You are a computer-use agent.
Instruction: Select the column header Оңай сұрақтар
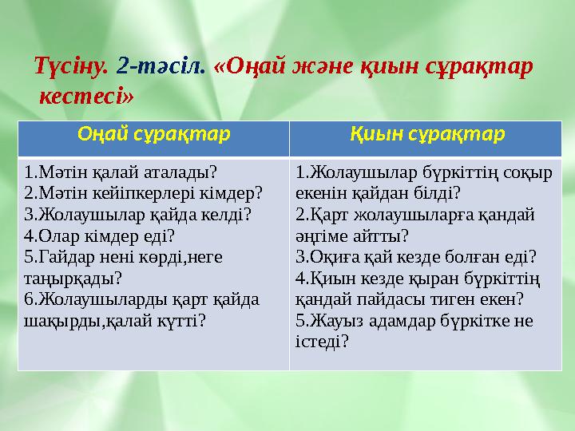tap(153, 133)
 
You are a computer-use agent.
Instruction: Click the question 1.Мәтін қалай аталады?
tap(121, 172)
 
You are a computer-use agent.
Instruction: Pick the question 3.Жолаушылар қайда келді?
tap(138, 215)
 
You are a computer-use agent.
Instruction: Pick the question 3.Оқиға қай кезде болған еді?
tap(415, 257)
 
